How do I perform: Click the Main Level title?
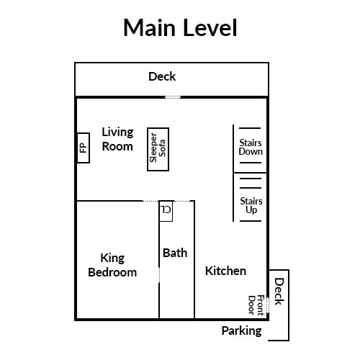point(180,27)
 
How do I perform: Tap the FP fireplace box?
point(84,148)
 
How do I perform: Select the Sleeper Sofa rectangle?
point(158,149)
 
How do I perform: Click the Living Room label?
point(117,140)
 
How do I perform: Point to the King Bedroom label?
point(112,266)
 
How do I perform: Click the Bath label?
point(175,253)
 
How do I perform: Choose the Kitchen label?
point(225,271)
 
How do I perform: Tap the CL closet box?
point(166,211)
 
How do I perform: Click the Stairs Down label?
point(251,147)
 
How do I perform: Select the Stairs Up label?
point(251,206)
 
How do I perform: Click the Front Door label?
point(256,305)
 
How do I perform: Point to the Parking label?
point(241,331)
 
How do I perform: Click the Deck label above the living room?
point(162,76)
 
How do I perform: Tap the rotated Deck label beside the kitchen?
point(279,292)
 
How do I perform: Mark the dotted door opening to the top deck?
point(173,97)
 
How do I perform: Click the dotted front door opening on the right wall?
point(268,305)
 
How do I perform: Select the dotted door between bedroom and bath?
point(159,275)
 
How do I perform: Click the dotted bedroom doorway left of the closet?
point(151,201)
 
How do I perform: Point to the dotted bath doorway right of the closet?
point(182,201)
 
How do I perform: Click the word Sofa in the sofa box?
point(162,148)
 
